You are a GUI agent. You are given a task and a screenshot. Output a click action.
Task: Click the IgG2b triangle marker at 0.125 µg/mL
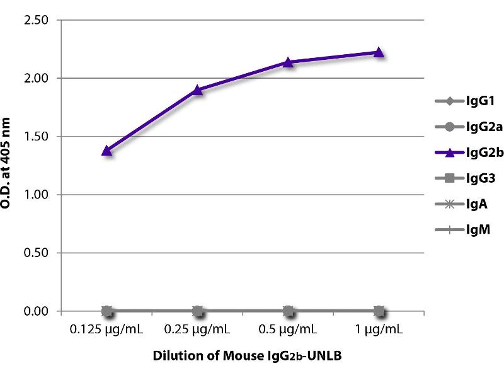coord(107,151)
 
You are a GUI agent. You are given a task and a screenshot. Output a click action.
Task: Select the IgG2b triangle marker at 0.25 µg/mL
coord(197,89)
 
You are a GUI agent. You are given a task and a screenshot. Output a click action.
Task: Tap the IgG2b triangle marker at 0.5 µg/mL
coord(288,62)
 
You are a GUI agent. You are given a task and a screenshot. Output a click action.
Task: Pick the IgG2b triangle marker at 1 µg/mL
coord(379,52)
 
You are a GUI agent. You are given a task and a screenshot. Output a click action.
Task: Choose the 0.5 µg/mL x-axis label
coord(288,329)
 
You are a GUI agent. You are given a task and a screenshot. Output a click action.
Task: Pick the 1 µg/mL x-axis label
coord(379,329)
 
